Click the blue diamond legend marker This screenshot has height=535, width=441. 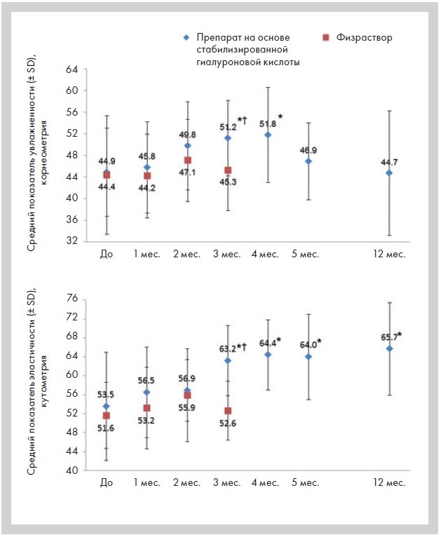point(186,36)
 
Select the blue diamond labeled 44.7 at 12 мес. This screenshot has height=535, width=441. point(389,172)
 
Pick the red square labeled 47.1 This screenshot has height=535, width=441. point(187,161)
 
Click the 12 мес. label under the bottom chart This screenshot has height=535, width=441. point(389,483)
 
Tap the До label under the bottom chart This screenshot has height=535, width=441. point(107,483)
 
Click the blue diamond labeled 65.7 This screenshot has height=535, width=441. point(389,348)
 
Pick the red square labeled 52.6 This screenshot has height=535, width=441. point(227,411)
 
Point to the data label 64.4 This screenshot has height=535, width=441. point(267,343)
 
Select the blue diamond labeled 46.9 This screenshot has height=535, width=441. point(308,161)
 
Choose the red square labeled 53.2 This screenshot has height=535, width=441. point(147,408)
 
